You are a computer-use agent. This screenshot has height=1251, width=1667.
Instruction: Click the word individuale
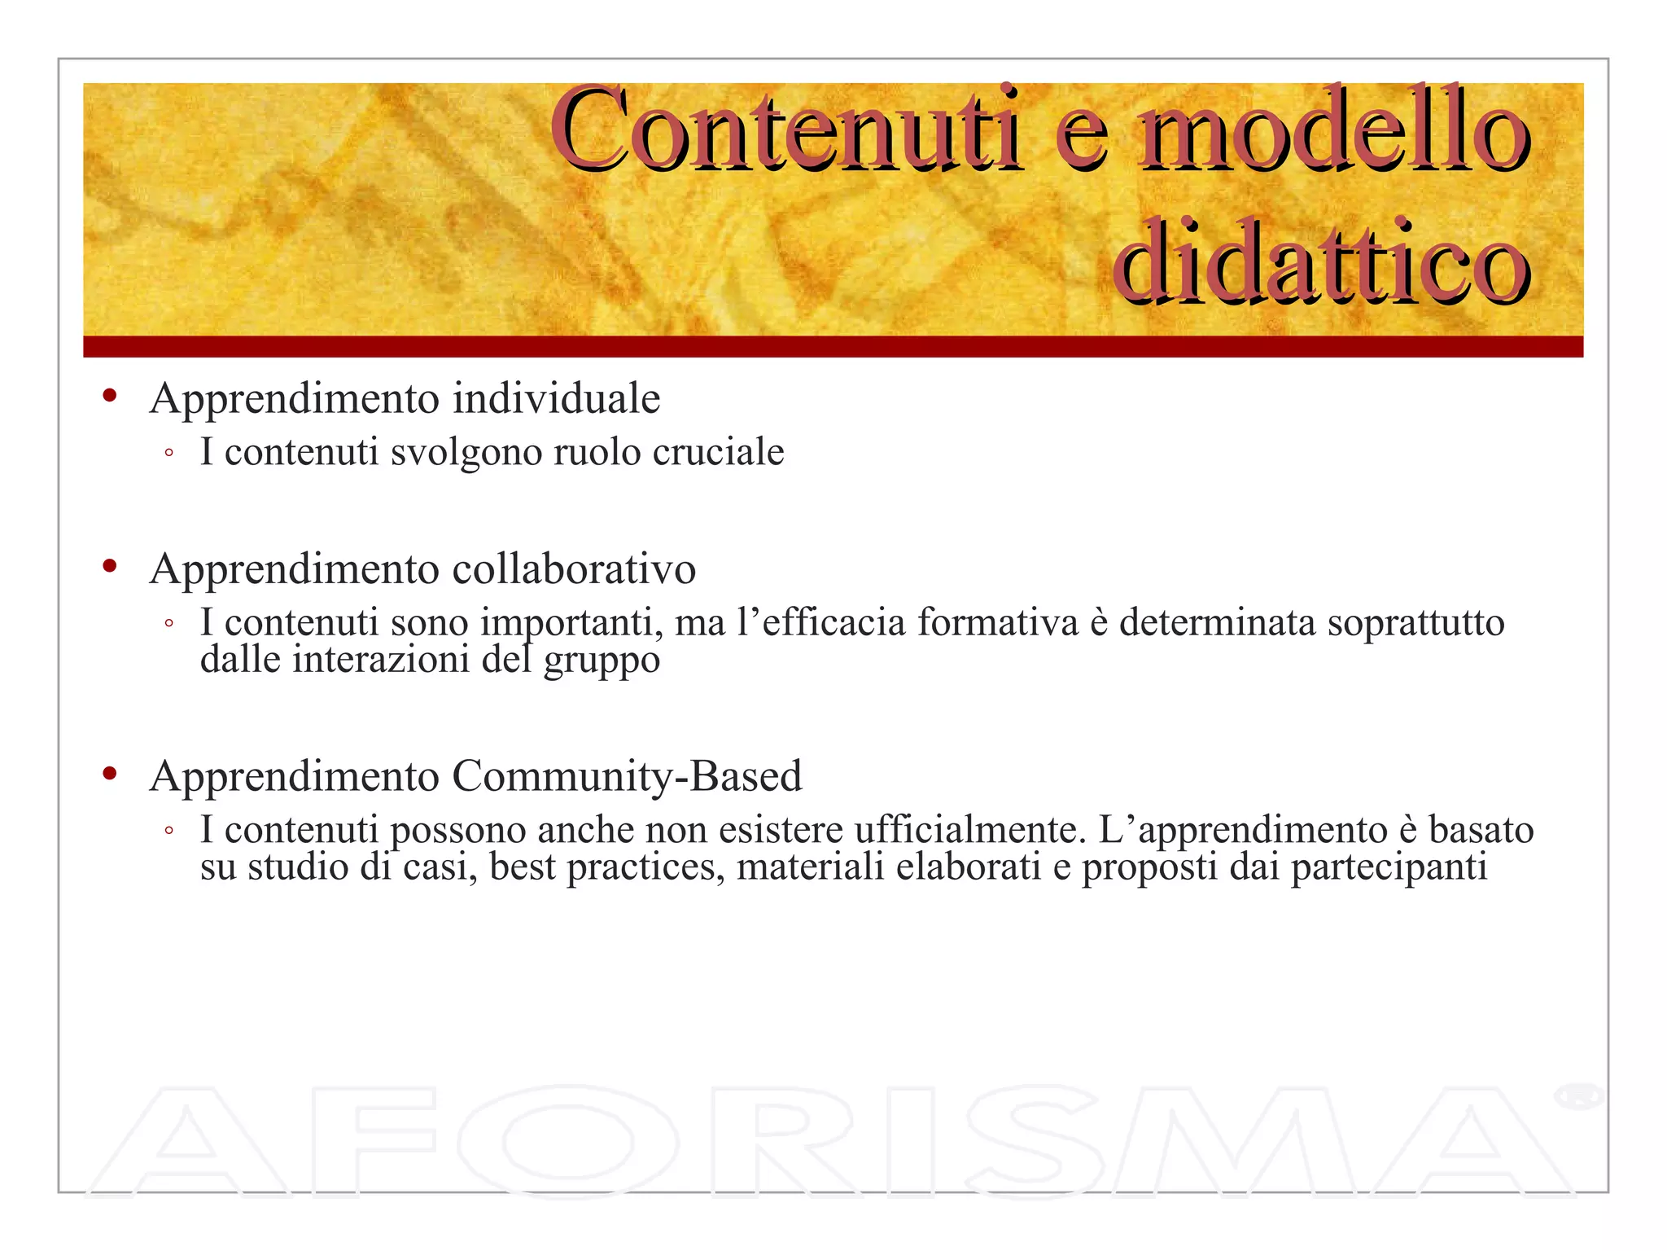coord(556,399)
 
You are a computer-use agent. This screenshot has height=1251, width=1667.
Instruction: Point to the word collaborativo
coord(574,568)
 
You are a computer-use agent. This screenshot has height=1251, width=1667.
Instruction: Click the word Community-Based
coord(627,775)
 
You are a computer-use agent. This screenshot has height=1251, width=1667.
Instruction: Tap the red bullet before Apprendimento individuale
coord(110,397)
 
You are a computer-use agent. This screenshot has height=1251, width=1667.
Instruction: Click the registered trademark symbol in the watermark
coord(1577,1095)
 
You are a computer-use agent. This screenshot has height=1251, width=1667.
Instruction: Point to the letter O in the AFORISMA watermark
coord(567,1142)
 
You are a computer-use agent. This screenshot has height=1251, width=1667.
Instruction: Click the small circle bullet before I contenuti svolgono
coord(168,453)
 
